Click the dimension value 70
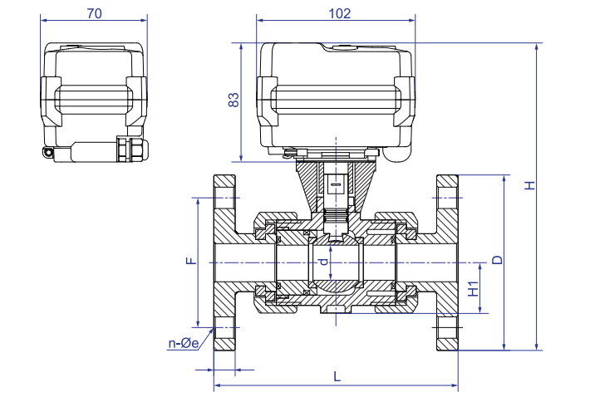tap(94, 13)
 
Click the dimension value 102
tap(340, 13)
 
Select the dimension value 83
tap(234, 101)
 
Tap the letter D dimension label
tap(497, 260)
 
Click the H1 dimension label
tap(474, 288)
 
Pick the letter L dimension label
tap(337, 376)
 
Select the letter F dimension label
tap(190, 261)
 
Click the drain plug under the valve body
tap(334, 311)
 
